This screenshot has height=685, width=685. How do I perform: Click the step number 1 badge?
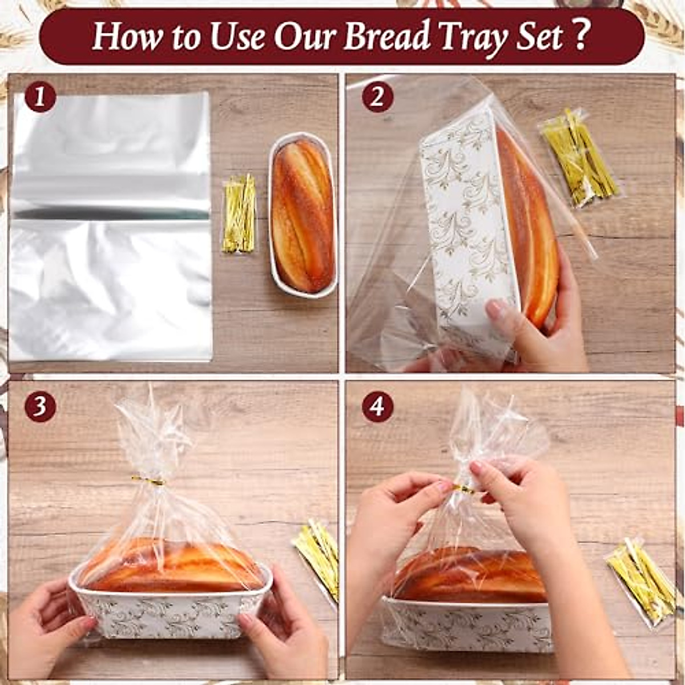40,97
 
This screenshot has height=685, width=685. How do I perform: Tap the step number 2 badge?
377,97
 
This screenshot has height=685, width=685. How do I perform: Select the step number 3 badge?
40,406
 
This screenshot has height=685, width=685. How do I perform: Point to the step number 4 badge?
377,406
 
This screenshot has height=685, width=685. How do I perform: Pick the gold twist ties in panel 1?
239,214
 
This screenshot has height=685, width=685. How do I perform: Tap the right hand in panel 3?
280,628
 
